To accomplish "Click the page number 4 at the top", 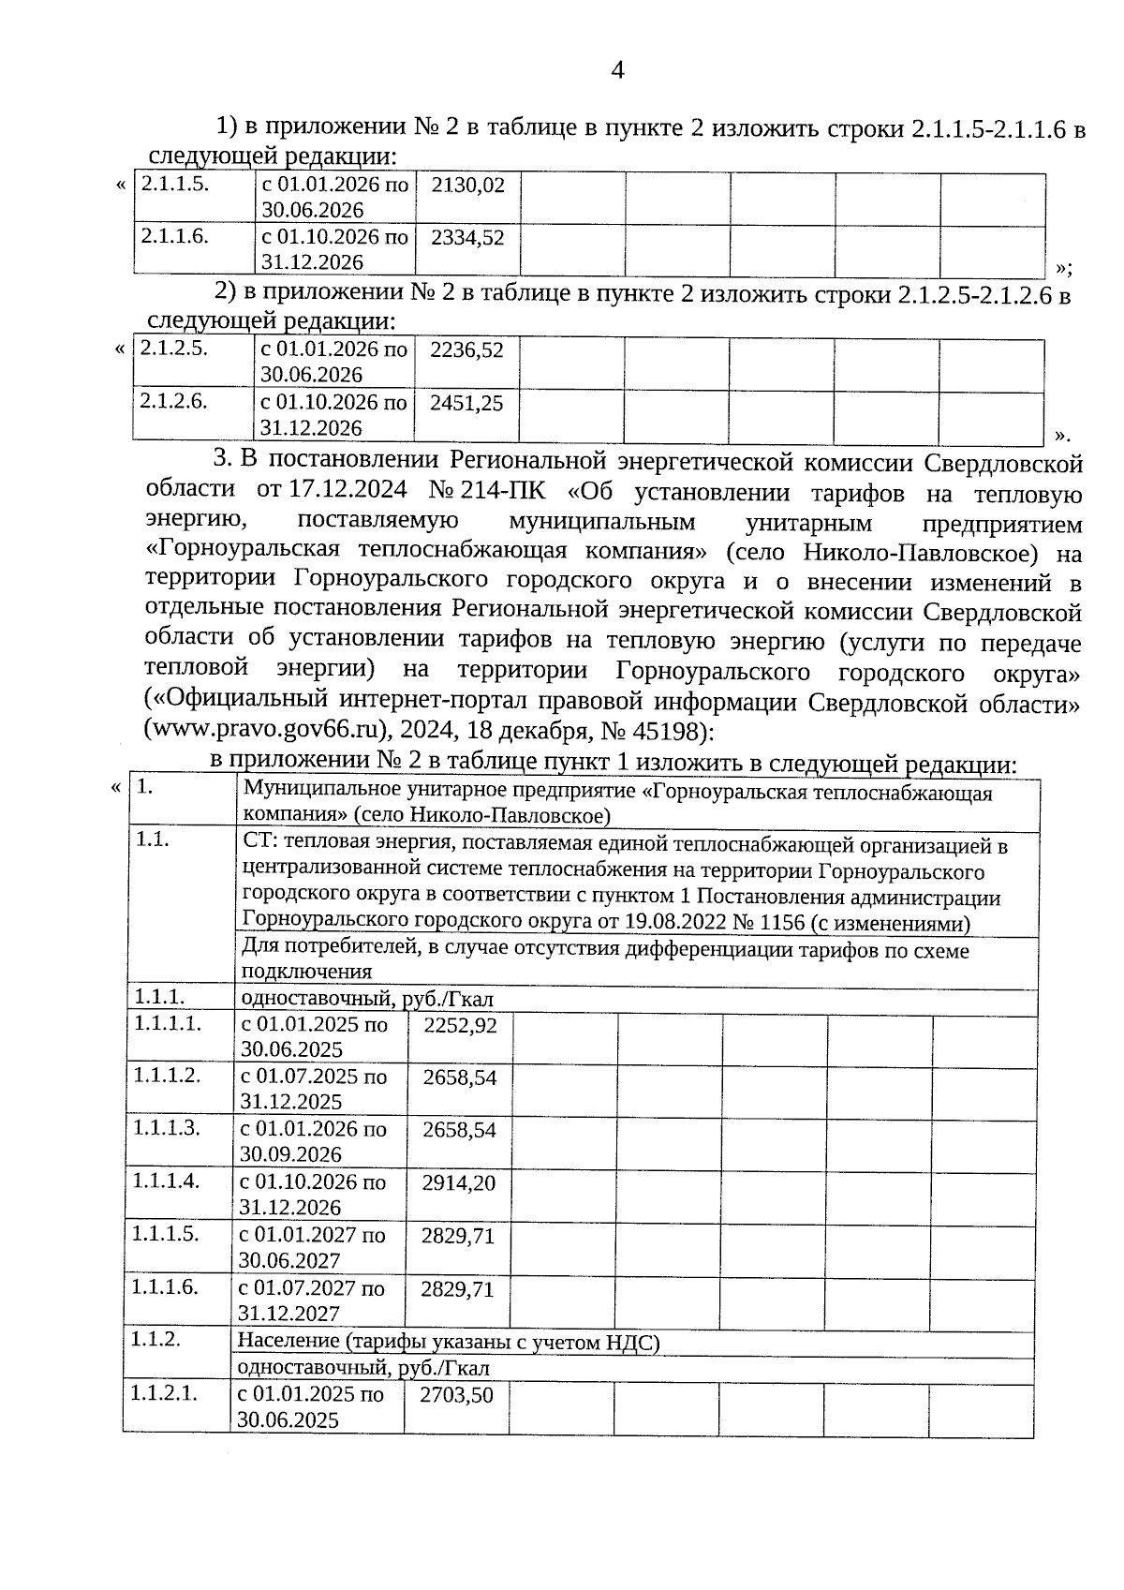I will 616,70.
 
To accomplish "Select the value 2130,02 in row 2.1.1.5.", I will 467,186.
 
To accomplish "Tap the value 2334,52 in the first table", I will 467,238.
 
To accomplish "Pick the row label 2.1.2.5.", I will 173,349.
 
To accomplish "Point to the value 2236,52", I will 466,350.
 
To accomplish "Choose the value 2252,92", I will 460,1025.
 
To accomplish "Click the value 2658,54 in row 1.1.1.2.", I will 459,1077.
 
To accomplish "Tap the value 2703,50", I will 456,1395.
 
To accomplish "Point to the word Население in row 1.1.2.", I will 288,1343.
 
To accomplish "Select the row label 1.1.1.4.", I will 166,1181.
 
